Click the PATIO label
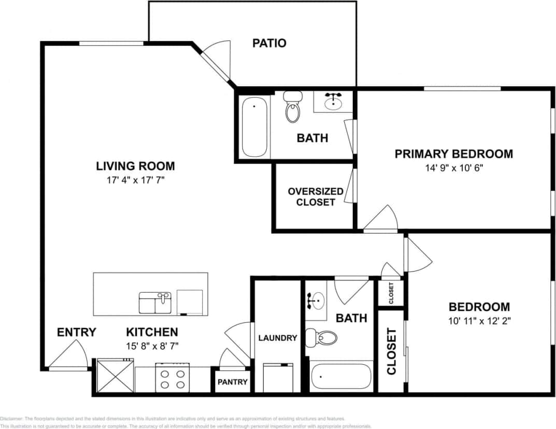click(x=269, y=43)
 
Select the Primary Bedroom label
click(x=453, y=154)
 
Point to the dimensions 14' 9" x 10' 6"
click(x=453, y=168)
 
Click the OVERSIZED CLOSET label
click(x=315, y=197)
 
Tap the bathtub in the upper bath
click(x=254, y=126)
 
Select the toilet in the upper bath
click(x=293, y=107)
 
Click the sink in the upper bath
click(x=332, y=102)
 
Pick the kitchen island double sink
click(x=155, y=302)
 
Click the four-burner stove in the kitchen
click(x=172, y=379)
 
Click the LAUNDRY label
click(x=278, y=338)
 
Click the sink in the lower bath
click(x=316, y=300)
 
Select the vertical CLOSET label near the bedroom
click(x=391, y=351)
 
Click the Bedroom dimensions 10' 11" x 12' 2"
click(x=479, y=321)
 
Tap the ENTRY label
click(x=76, y=332)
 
